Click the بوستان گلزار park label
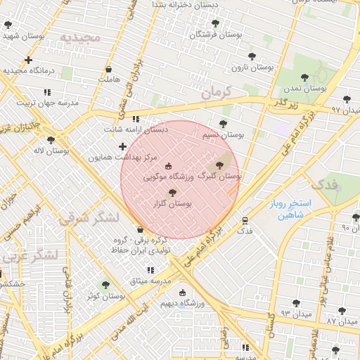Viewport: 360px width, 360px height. [176, 203]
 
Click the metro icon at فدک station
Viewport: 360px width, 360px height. [245, 219]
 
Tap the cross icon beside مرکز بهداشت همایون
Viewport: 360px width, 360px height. [123, 146]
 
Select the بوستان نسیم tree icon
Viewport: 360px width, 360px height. [223, 124]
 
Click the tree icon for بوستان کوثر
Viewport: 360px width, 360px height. [105, 285]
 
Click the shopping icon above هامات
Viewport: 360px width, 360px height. [108, 69]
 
